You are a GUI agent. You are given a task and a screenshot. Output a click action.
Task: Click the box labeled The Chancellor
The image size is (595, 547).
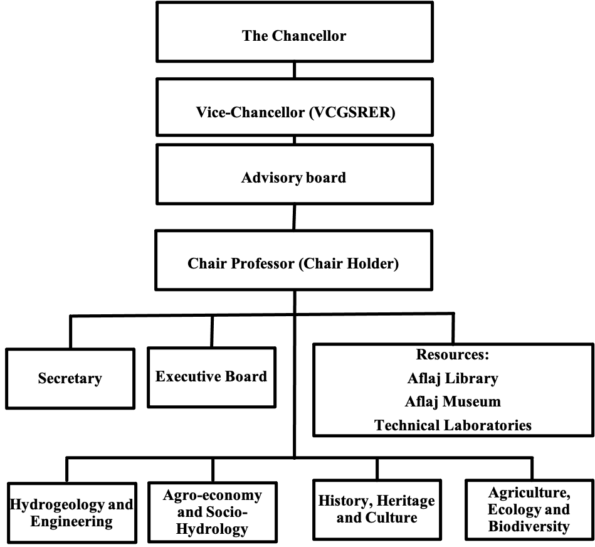[295, 32]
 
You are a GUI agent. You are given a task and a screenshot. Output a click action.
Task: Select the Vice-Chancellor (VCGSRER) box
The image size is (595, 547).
[295, 107]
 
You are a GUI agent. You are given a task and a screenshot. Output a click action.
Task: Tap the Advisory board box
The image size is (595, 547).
[295, 174]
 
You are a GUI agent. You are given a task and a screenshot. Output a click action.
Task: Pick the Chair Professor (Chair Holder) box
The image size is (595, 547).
[293, 260]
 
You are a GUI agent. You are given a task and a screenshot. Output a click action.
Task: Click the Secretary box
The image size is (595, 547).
[70, 378]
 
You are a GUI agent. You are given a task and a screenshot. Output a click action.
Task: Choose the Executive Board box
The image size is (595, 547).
[211, 378]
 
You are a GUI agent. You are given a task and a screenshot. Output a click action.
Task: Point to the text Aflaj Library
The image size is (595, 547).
[453, 378]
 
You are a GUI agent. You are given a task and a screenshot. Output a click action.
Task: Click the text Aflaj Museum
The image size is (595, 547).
[453, 401]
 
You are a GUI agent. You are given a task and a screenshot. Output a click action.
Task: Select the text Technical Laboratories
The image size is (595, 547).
[453, 425]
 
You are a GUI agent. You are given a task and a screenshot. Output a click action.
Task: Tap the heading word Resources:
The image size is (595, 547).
[453, 354]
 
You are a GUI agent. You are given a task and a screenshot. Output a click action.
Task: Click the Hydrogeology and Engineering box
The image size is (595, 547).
[71, 512]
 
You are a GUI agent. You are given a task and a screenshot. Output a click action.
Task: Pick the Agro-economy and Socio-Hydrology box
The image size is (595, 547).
[213, 512]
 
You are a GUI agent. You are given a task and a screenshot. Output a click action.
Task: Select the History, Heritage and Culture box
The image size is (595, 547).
[377, 509]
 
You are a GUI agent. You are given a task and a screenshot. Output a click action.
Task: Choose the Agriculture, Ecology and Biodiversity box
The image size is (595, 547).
[529, 509]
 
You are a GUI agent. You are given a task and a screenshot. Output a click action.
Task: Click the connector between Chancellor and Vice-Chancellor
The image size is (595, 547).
[295, 70]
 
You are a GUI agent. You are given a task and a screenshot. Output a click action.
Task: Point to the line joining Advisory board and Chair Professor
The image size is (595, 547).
[294, 217]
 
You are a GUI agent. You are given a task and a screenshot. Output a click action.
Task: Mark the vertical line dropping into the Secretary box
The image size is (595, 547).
[71, 332]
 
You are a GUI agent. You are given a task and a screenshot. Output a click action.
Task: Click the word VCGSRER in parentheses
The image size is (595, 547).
[352, 112]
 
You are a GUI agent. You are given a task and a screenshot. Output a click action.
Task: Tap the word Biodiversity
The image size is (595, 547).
[529, 526]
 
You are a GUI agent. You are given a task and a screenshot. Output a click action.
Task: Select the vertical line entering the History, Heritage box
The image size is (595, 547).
[377, 469]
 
